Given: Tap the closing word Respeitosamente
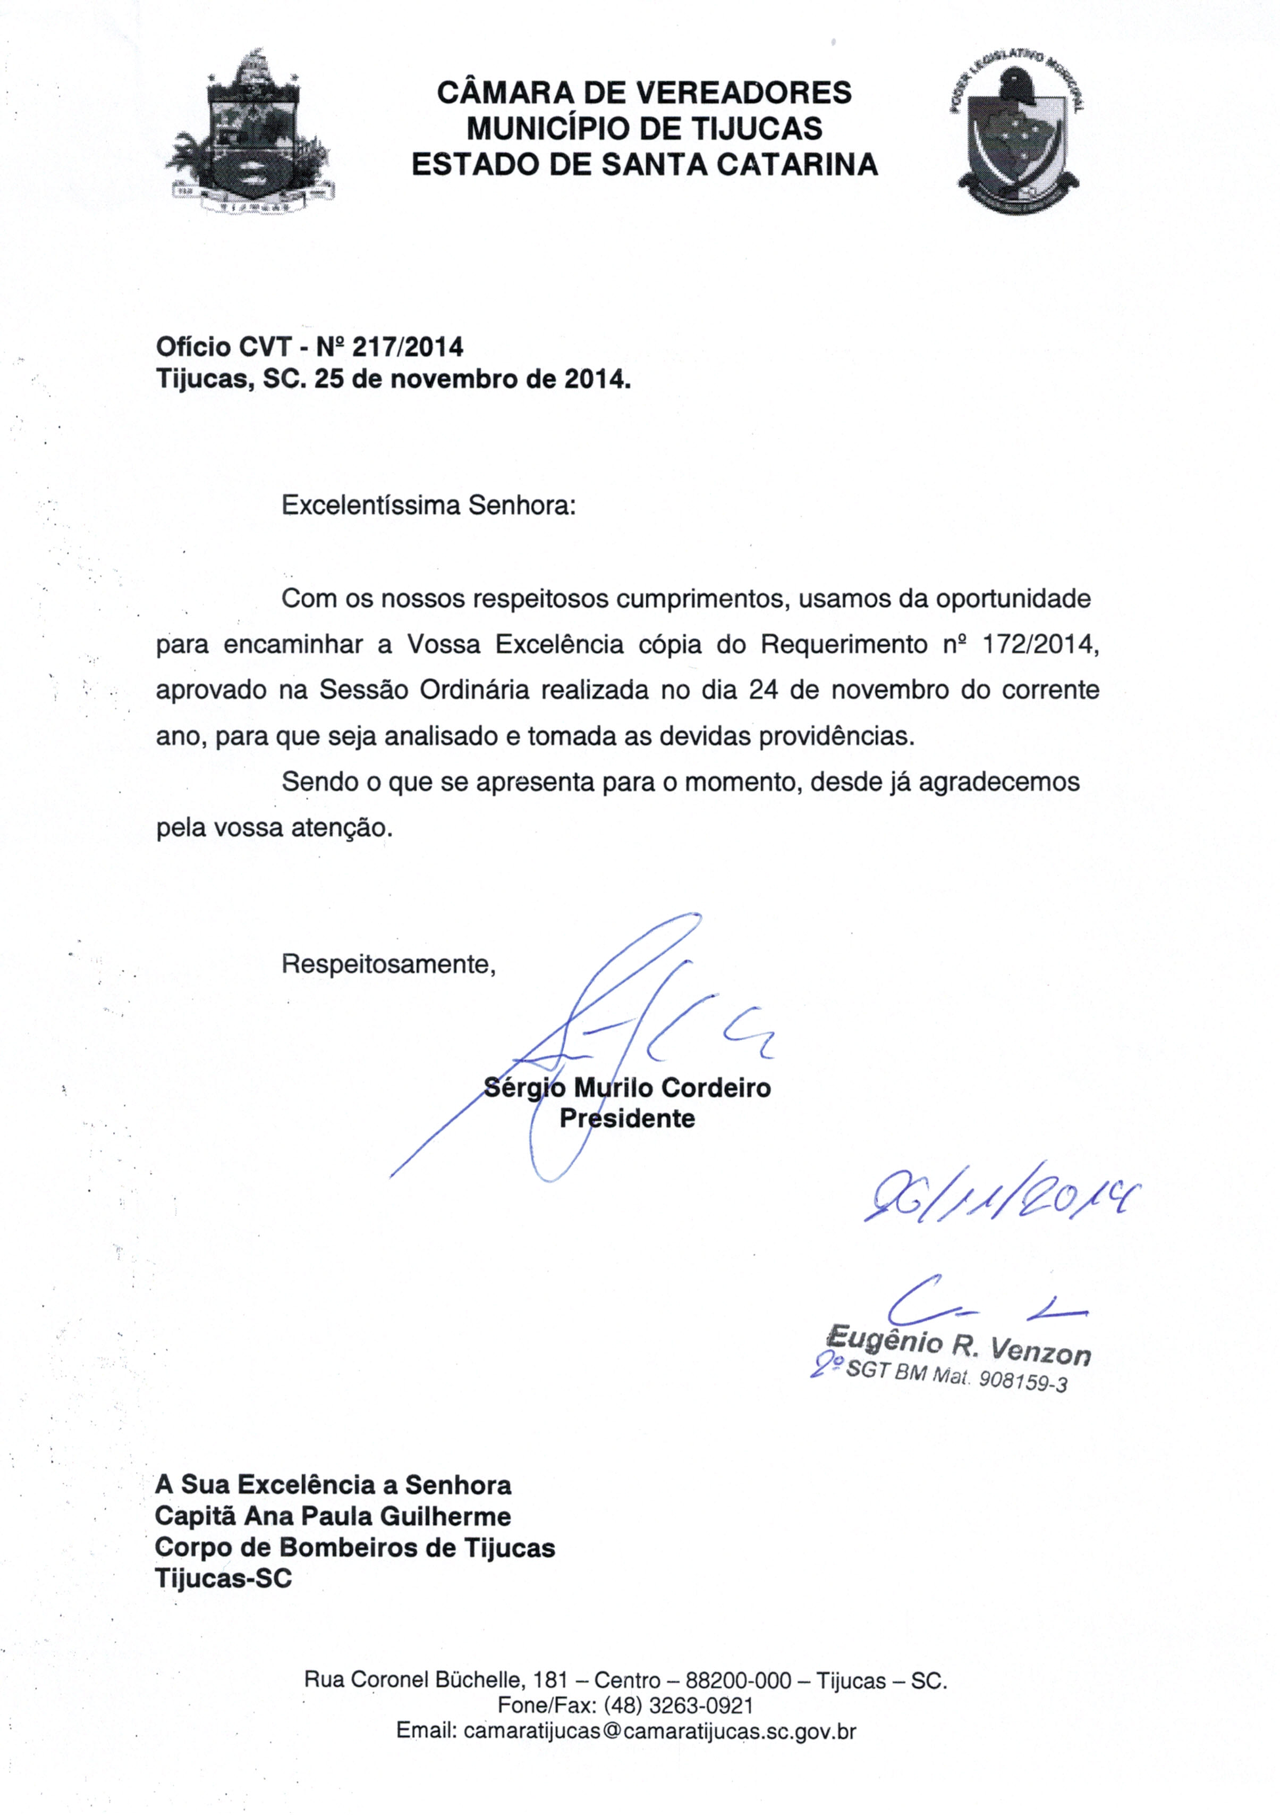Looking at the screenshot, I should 389,964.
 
